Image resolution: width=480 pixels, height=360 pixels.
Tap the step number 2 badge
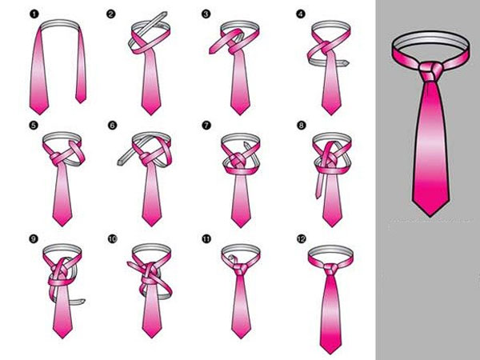coord(111,14)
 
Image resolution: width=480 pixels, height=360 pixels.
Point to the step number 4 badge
coord(301,14)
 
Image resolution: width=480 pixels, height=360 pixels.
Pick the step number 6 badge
coord(111,126)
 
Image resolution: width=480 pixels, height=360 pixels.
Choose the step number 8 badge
coord(301,126)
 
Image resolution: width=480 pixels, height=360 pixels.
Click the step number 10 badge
coord(111,238)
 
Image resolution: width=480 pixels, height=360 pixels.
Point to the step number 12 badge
coord(301,238)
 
